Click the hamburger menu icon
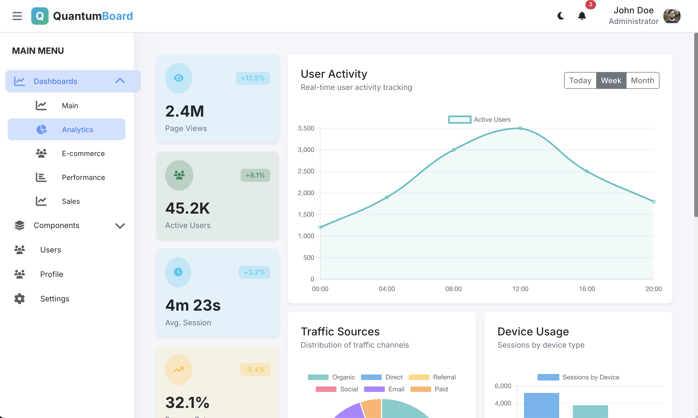point(17,16)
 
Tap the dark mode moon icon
point(561,16)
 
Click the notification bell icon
point(582,16)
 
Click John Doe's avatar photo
point(672,16)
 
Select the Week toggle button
point(611,80)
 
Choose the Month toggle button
point(642,80)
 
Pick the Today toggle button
point(580,80)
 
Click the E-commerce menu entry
point(83,154)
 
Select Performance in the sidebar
point(83,177)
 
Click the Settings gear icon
point(20,299)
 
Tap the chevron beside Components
point(120,226)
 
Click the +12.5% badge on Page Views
point(253,78)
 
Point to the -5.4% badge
point(255,370)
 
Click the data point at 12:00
point(520,129)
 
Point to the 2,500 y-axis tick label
point(306,171)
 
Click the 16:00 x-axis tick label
point(587,289)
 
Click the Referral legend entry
point(432,377)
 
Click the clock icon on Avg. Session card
point(178,272)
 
